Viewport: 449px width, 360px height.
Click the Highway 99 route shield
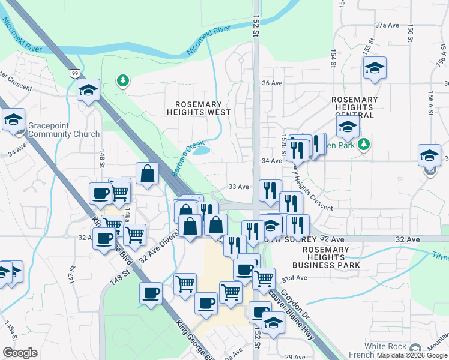[74, 73]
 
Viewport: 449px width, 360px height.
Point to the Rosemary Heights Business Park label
[327, 257]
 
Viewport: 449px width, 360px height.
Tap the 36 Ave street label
[272, 83]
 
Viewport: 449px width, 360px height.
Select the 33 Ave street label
[238, 187]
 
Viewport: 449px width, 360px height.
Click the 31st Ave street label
[295, 278]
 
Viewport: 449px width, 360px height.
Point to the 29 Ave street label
[295, 357]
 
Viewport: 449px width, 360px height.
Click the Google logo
[20, 353]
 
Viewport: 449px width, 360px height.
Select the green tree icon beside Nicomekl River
[123, 80]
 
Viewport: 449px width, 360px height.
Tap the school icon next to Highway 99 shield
[88, 91]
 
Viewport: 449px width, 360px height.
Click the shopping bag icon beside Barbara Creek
[147, 174]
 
